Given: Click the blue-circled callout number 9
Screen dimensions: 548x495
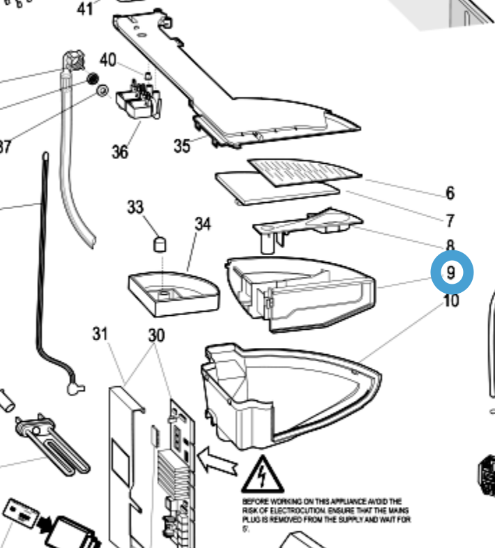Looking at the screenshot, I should point(452,273).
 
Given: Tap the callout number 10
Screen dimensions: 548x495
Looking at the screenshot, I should point(451,302).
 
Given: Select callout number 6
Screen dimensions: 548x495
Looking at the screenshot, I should point(450,192).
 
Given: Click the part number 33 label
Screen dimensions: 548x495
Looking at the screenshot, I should point(135,207).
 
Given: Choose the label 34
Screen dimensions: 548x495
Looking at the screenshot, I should point(202,224).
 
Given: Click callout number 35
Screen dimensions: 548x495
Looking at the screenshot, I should point(182,146).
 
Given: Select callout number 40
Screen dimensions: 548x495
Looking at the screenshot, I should point(108,60).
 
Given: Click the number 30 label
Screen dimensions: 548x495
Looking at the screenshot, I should point(156,335).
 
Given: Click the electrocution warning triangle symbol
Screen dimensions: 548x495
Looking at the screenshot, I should point(262,474).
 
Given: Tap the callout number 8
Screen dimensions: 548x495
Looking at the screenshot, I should point(450,245).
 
